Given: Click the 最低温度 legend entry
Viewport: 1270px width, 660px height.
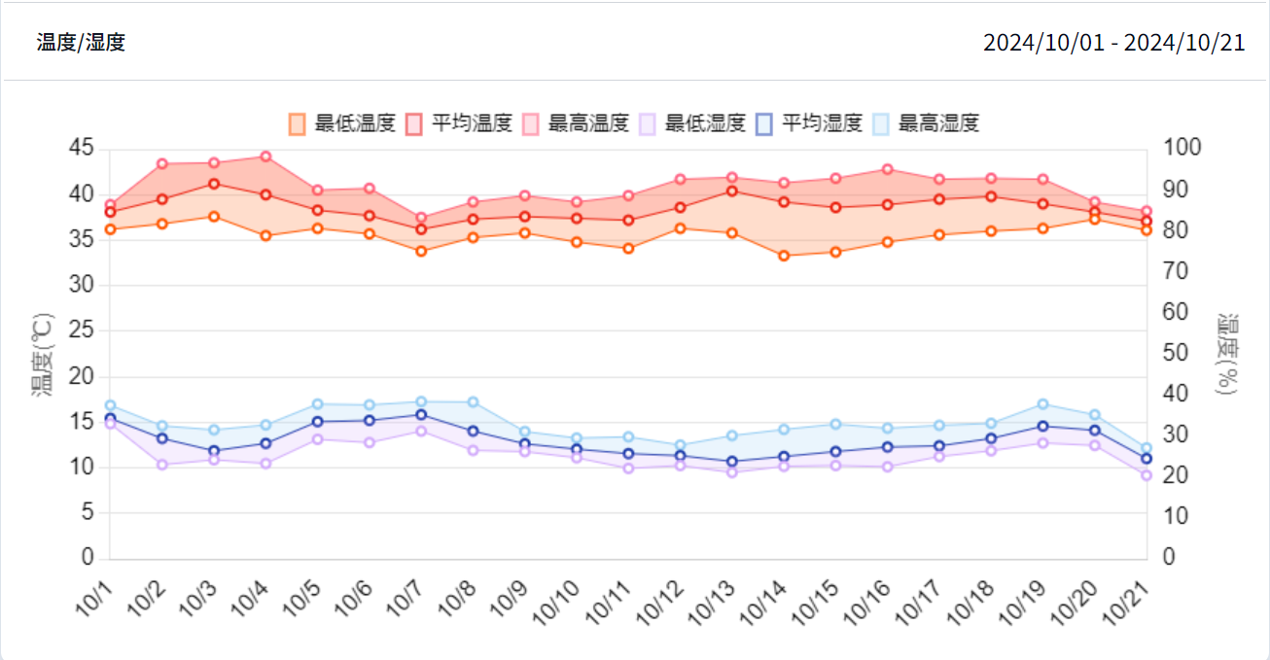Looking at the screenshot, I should (342, 123).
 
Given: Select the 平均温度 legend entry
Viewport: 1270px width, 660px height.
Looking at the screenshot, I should (459, 123).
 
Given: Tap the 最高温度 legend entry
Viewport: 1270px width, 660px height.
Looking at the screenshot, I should (576, 123).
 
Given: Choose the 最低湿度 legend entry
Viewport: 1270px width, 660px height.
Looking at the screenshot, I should (692, 123).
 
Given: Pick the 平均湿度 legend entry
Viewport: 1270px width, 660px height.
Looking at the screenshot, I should (809, 123).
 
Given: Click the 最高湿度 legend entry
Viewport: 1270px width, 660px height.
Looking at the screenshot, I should (926, 123).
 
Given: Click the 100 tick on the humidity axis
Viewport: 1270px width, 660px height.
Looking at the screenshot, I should (1183, 149).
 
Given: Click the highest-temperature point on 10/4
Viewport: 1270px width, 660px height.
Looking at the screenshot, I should (265, 156).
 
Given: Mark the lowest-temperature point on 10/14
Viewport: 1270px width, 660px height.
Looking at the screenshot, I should (784, 256).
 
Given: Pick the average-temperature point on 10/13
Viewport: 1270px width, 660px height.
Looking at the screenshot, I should (732, 191).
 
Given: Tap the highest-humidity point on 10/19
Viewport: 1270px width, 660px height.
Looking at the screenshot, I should (1043, 404).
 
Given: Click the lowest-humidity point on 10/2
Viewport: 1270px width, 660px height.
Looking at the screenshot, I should (162, 465).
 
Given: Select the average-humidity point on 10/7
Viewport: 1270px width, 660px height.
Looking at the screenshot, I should (421, 415).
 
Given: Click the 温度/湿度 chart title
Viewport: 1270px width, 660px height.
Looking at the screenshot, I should (81, 43).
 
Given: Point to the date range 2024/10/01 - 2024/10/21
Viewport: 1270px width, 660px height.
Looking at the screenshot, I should (1113, 43).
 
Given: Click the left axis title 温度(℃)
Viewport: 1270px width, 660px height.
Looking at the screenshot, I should (43, 354).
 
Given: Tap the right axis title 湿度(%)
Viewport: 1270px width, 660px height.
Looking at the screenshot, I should (1227, 354).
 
